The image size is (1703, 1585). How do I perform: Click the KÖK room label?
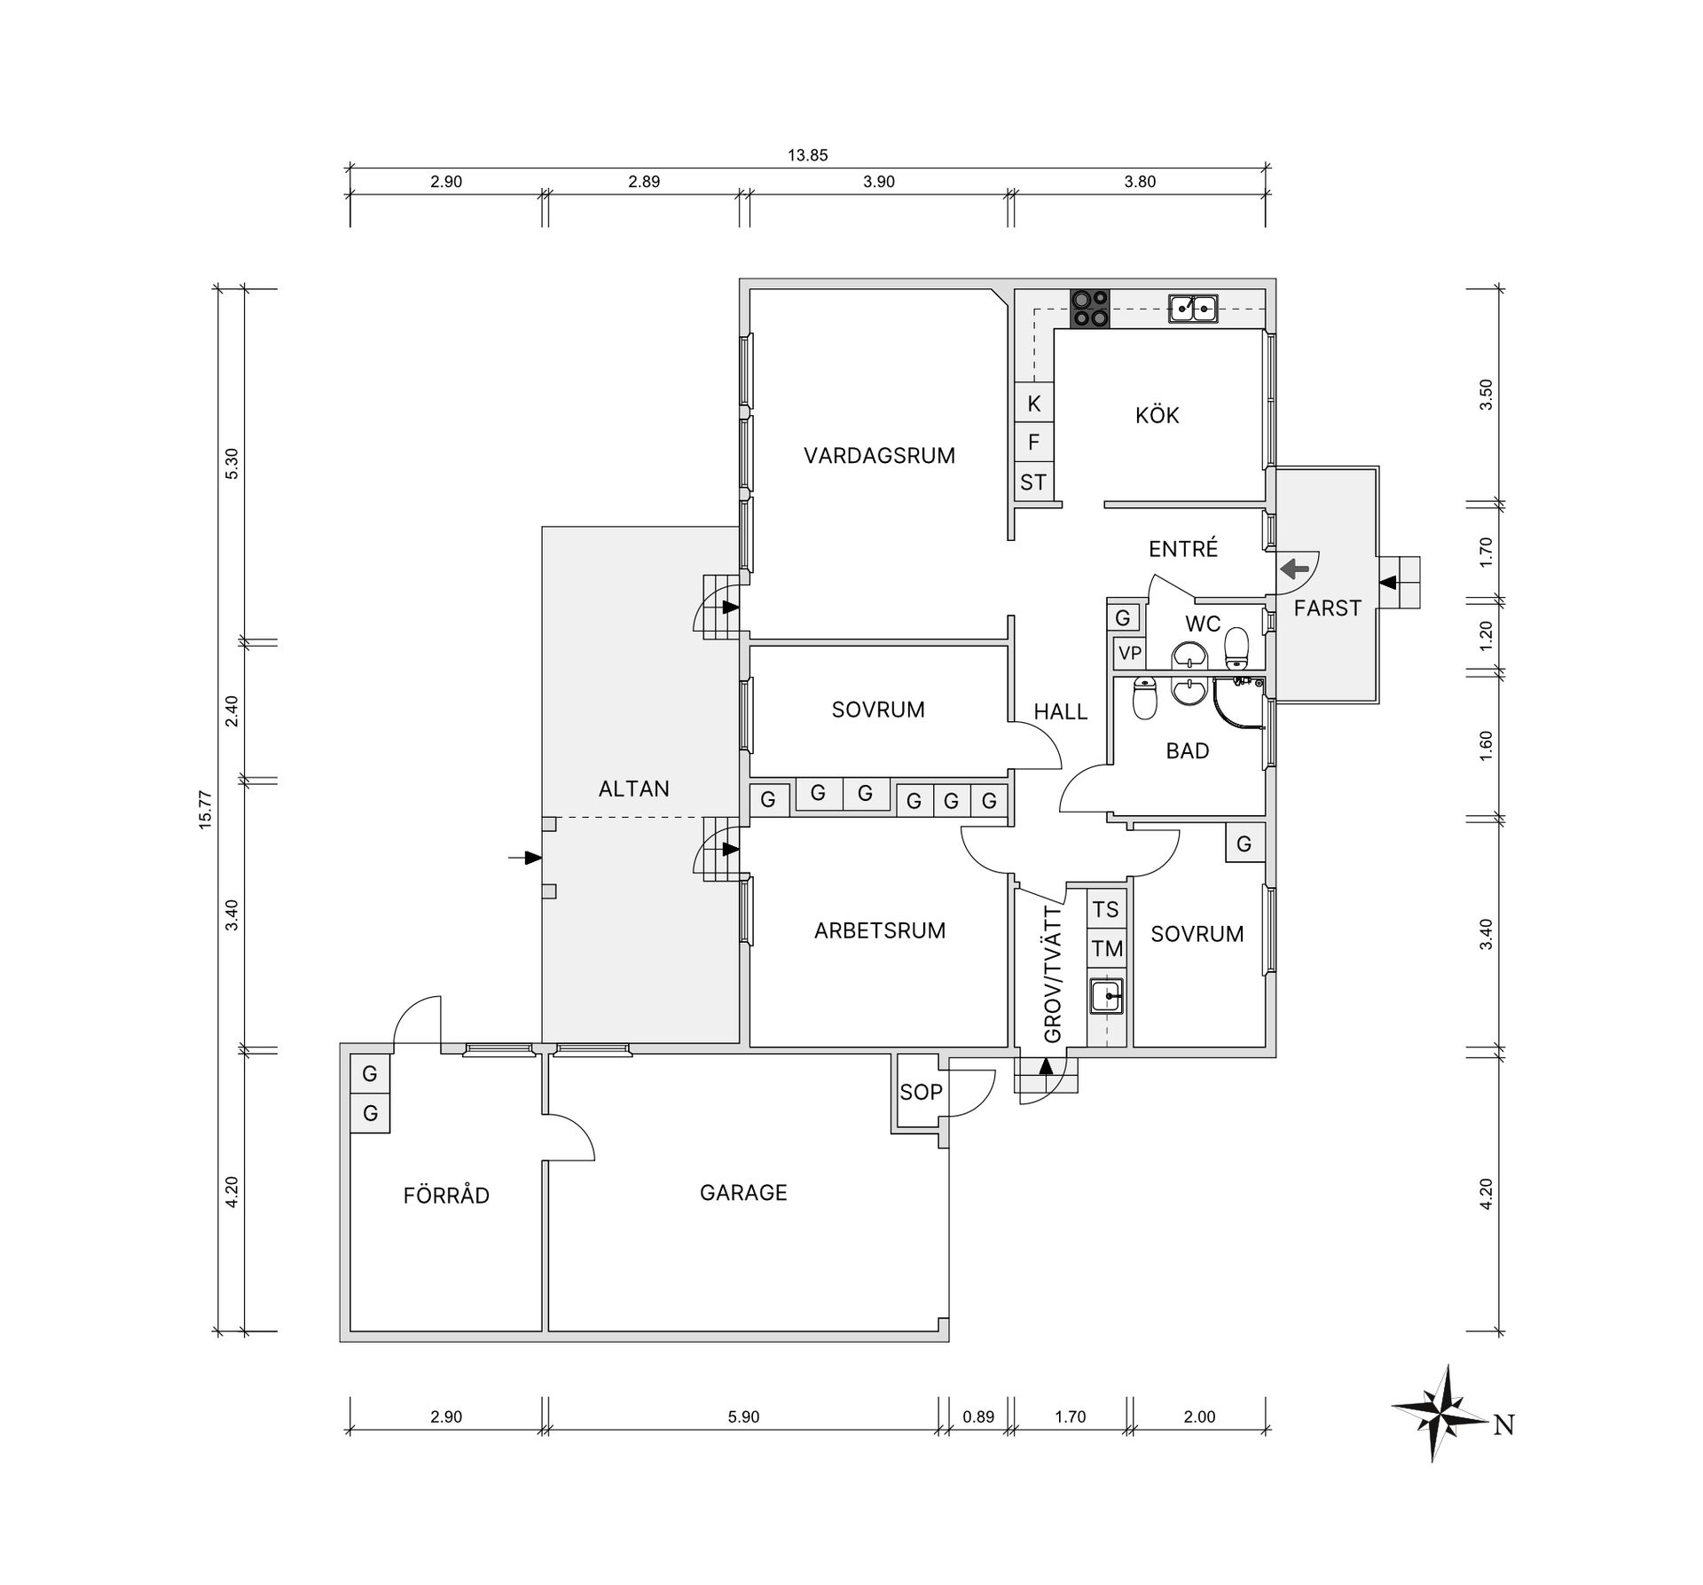pos(1157,415)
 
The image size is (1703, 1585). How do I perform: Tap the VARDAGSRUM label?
pos(879,456)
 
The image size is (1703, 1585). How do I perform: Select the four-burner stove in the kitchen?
pos(1090,309)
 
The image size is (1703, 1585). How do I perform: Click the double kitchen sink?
pos(1193,308)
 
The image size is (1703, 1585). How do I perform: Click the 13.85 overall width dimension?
pos(807,155)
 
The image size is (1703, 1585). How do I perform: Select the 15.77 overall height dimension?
pos(206,810)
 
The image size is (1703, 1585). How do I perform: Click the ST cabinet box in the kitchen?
pos(1033,482)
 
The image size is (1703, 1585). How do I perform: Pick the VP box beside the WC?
pos(1129,654)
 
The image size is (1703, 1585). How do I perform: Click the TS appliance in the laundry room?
pos(1106,909)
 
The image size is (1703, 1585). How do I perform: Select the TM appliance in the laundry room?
pos(1107,949)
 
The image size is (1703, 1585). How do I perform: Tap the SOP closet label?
pos(921,1092)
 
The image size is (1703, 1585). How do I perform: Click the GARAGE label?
pos(743,1193)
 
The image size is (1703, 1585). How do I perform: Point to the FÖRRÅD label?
pos(446,1195)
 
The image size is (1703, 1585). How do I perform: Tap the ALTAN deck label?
pos(633,789)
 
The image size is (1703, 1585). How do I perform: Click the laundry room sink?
pos(1107,996)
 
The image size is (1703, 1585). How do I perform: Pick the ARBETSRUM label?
pos(880,930)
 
